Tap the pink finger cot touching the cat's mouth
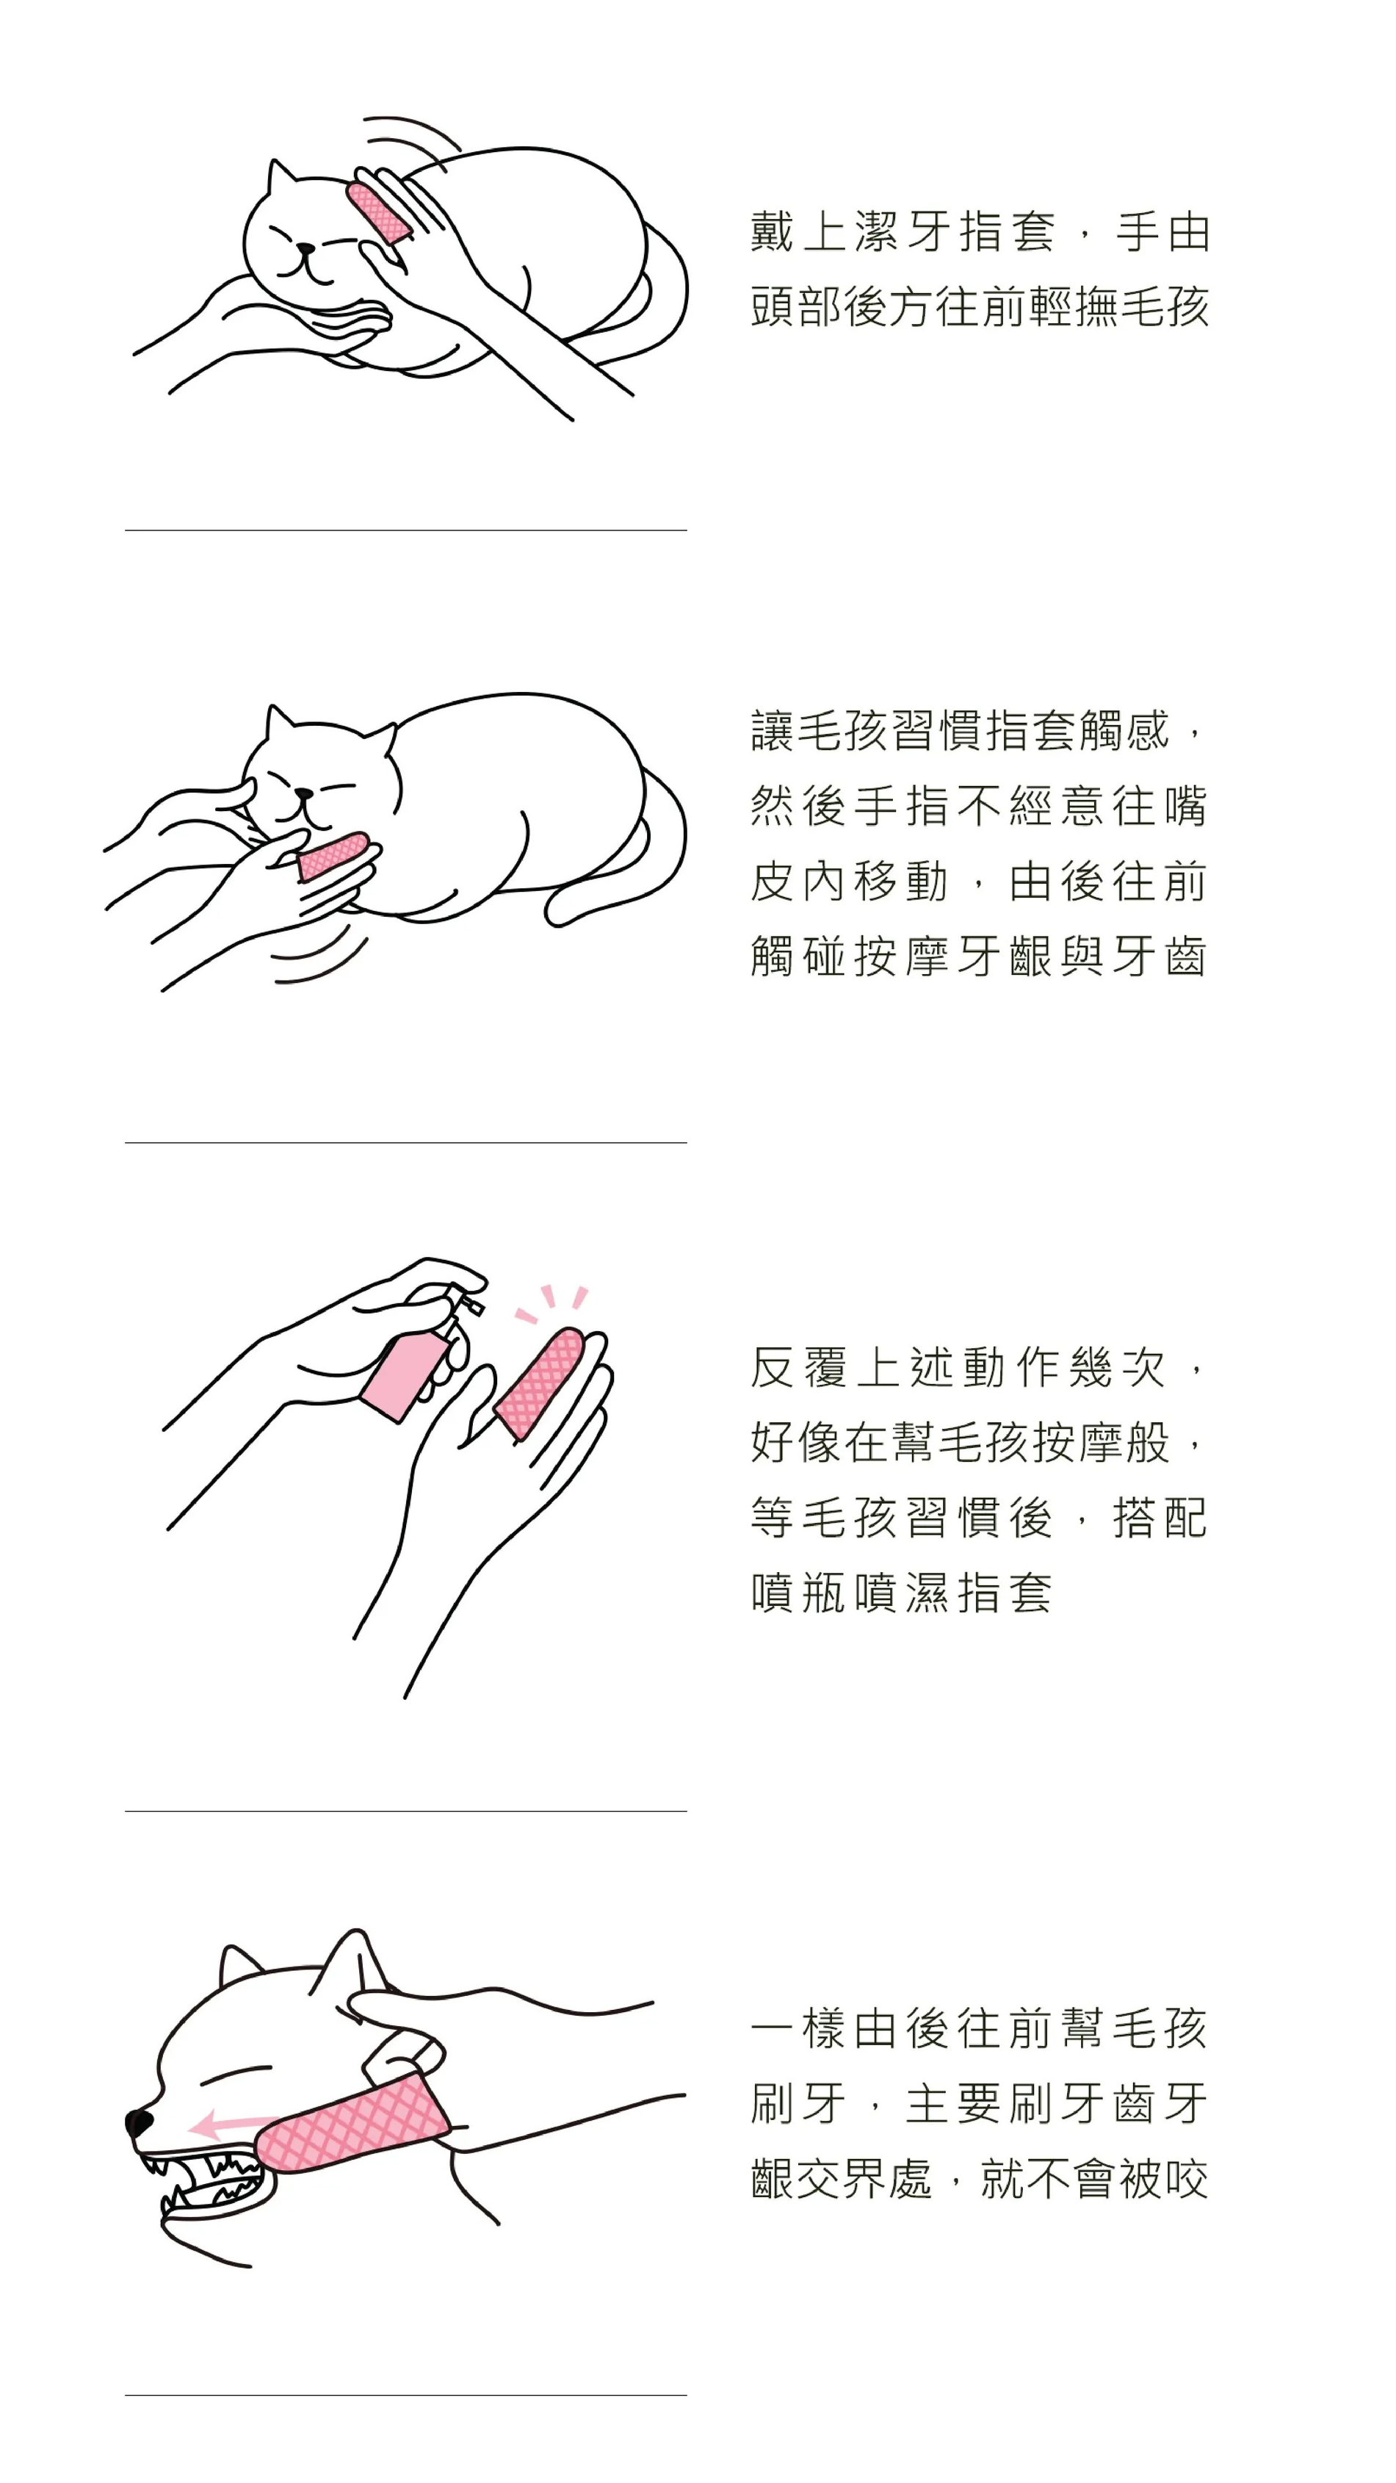333,856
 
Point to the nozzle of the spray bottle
474,1305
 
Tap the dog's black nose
139,2122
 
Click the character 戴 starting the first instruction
773,232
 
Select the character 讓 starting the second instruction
773,731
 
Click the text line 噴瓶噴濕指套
901,1593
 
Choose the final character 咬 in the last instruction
1186,2180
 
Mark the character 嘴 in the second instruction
1185,806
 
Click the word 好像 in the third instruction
796,1443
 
